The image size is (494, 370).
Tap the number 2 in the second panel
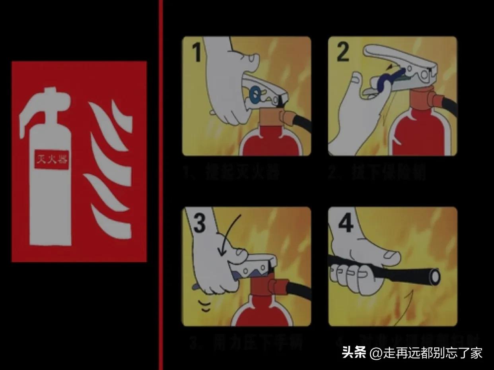[343, 52]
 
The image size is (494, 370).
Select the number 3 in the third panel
[199, 223]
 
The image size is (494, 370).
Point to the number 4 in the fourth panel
[345, 223]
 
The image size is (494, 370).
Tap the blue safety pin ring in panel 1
[254, 93]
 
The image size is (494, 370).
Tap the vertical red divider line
[161, 185]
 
